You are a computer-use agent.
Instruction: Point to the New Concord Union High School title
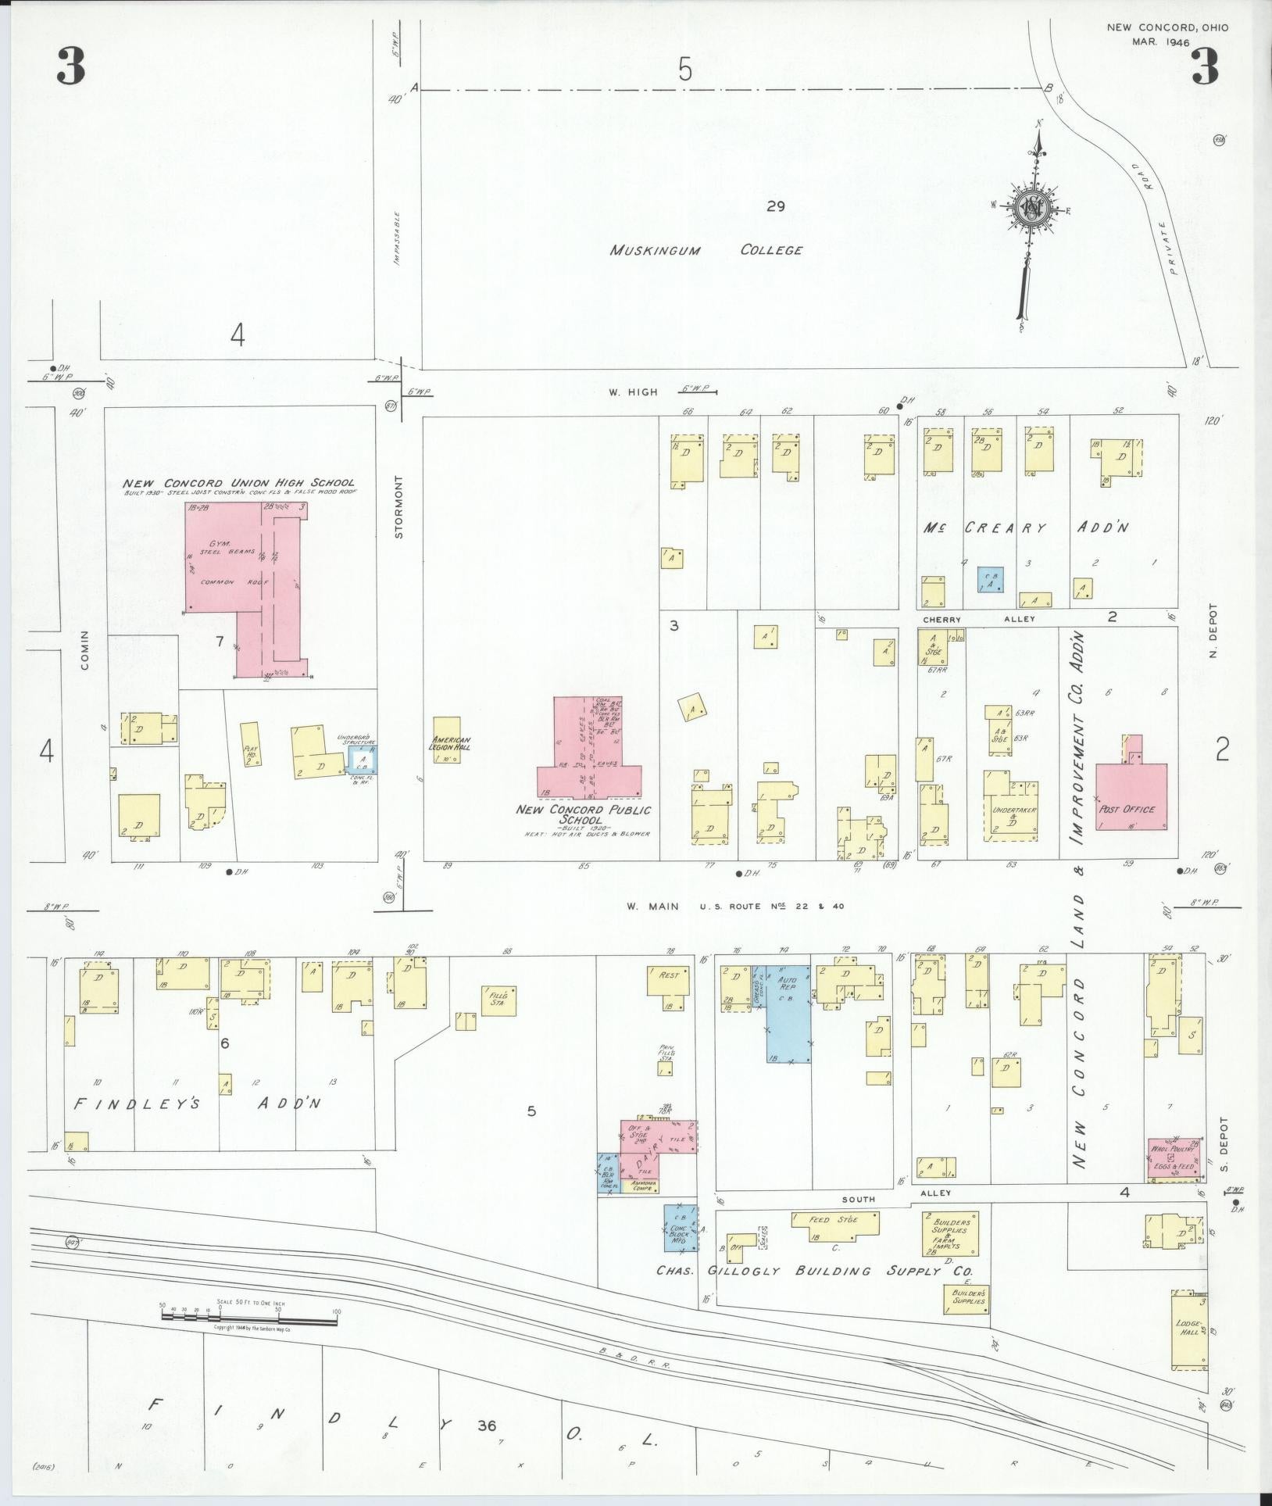(x=238, y=483)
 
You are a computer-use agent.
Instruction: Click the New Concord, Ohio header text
(x=1167, y=28)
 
